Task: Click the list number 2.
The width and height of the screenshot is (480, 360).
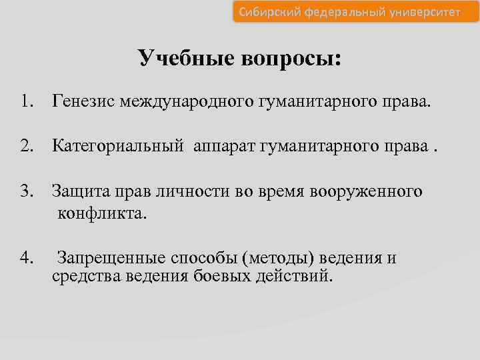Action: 26,147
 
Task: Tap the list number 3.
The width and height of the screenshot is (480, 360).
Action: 26,191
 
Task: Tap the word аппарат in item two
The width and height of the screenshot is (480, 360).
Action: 223,147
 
